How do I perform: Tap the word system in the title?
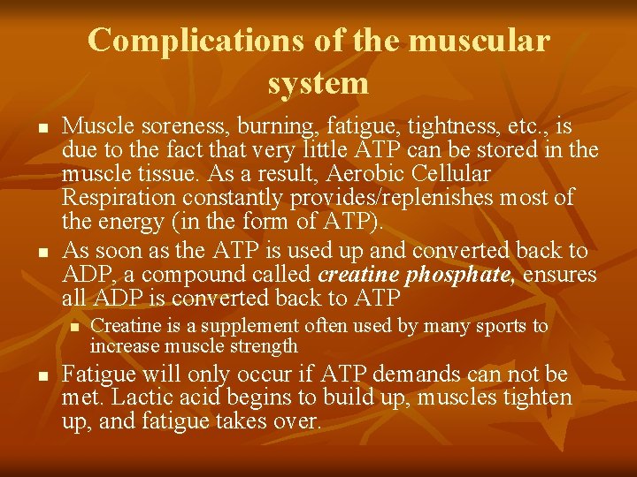318,83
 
